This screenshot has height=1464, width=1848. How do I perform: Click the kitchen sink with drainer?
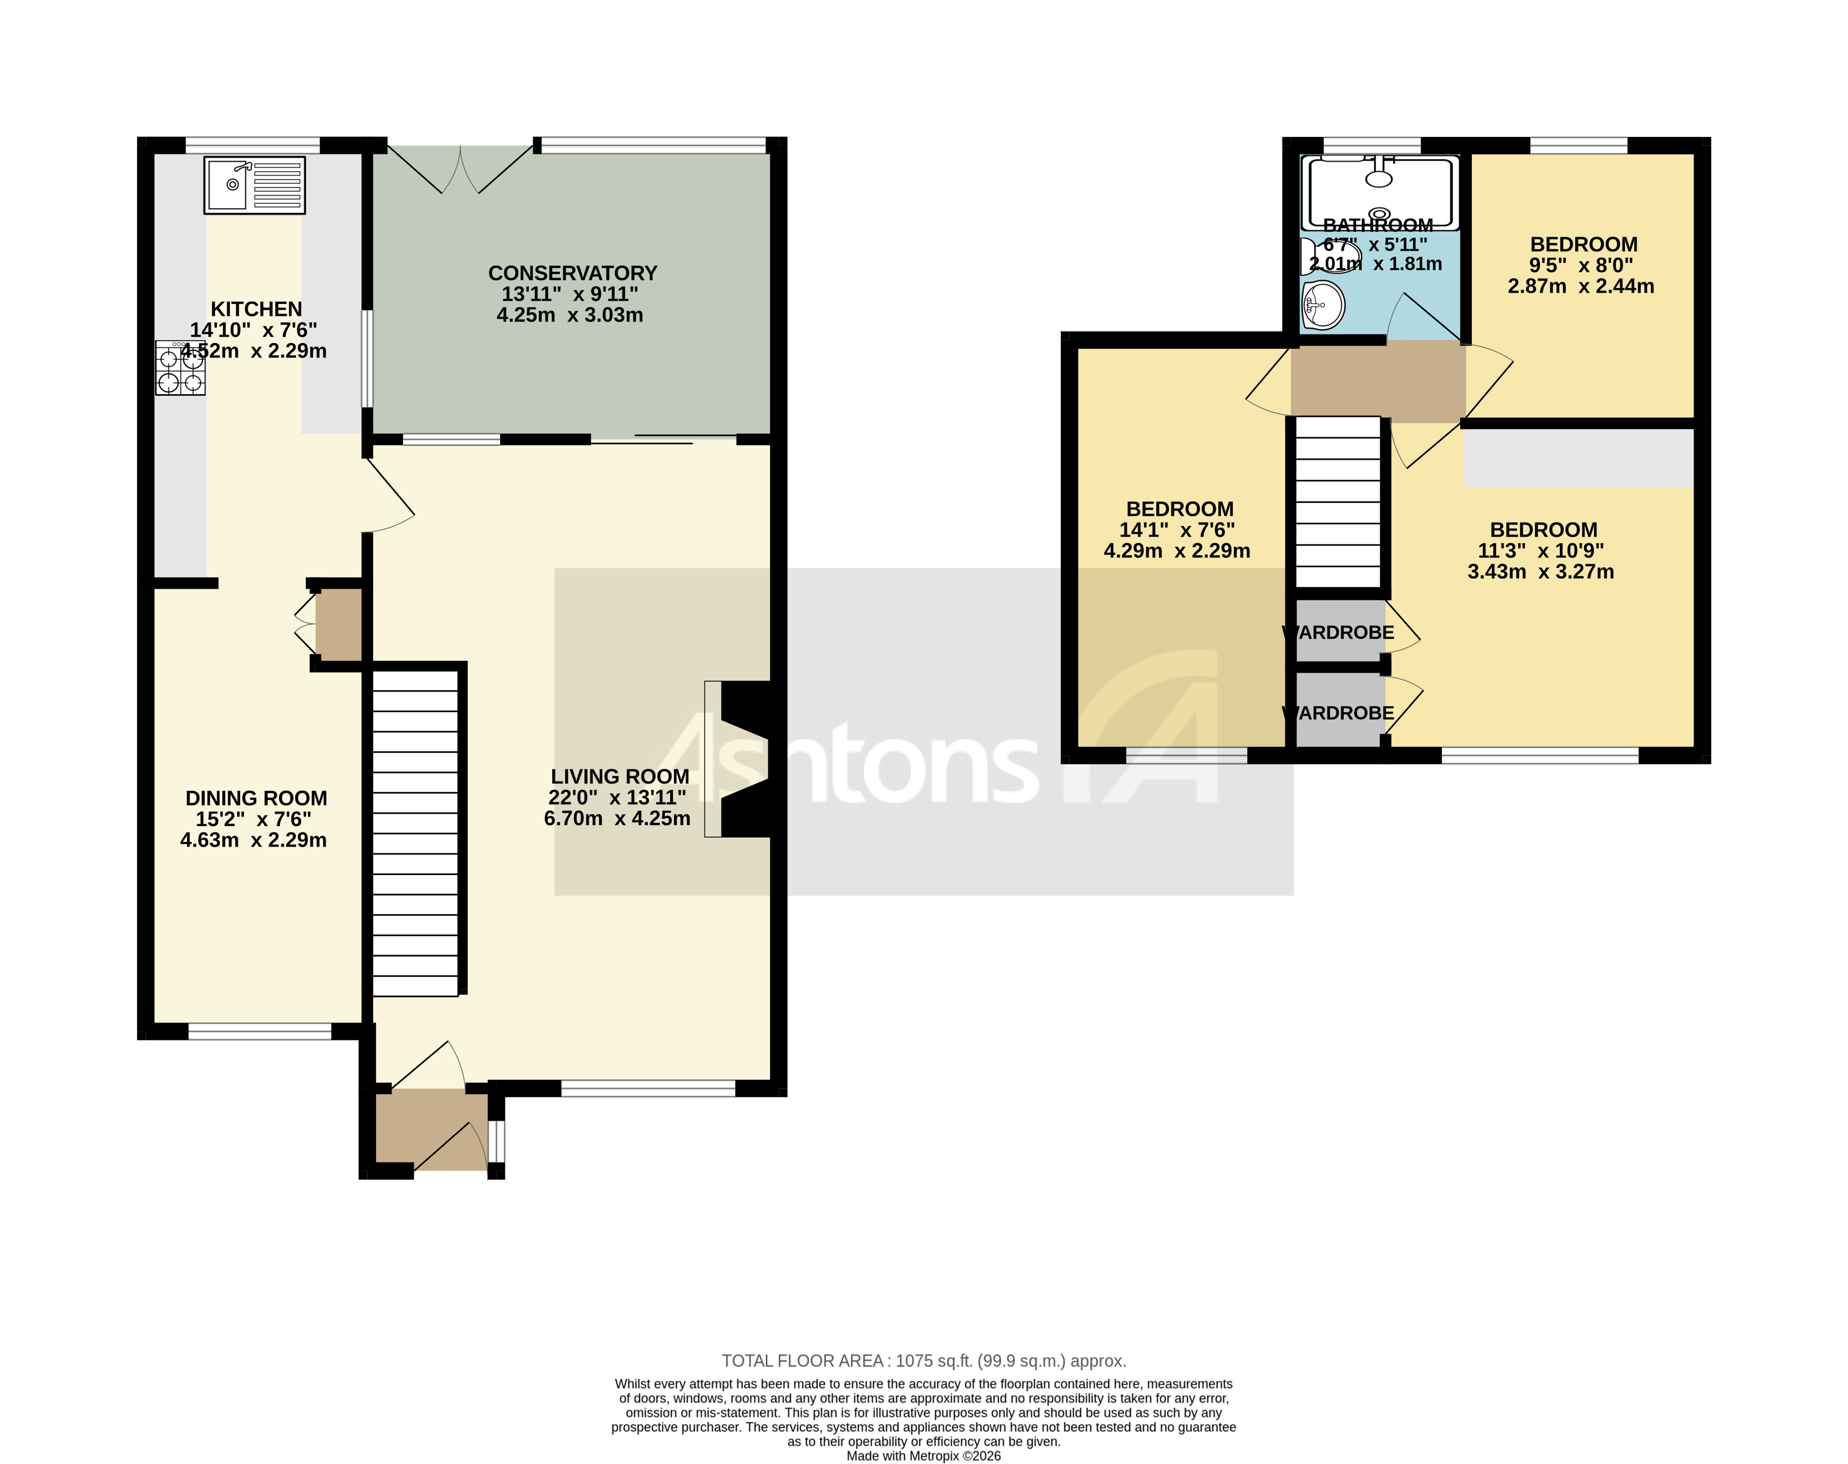click(253, 184)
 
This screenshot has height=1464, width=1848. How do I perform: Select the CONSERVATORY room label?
click(573, 273)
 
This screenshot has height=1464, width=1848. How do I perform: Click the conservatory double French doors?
click(460, 169)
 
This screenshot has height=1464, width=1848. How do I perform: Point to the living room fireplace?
click(742, 759)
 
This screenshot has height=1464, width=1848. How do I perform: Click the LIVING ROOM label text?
click(620, 777)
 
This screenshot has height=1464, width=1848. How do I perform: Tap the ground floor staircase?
click(416, 833)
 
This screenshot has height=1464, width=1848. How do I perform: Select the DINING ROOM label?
click(256, 799)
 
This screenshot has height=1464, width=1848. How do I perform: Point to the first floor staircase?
click(1337, 502)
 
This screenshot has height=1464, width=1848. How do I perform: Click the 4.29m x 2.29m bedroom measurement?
click(1176, 551)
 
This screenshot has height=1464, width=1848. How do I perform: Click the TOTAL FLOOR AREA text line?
click(923, 1361)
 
